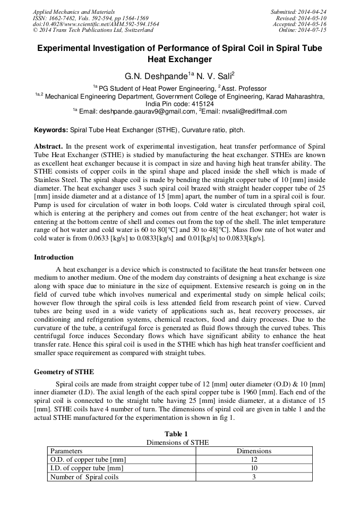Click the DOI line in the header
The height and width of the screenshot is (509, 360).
[x=96, y=24]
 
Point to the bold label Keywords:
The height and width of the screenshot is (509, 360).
[x=51, y=130]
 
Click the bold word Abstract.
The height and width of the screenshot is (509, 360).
[x=49, y=146]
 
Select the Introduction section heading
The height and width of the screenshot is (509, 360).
[x=54, y=257]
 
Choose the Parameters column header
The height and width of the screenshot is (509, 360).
[x=66, y=451]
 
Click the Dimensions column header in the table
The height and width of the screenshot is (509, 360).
[x=254, y=451]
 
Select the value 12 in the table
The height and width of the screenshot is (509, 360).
[x=254, y=460]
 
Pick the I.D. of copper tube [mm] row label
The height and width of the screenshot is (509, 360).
[x=87, y=468]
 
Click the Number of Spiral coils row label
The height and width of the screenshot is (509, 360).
[x=84, y=477]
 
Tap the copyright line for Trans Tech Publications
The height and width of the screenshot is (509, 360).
[x=93, y=30]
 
